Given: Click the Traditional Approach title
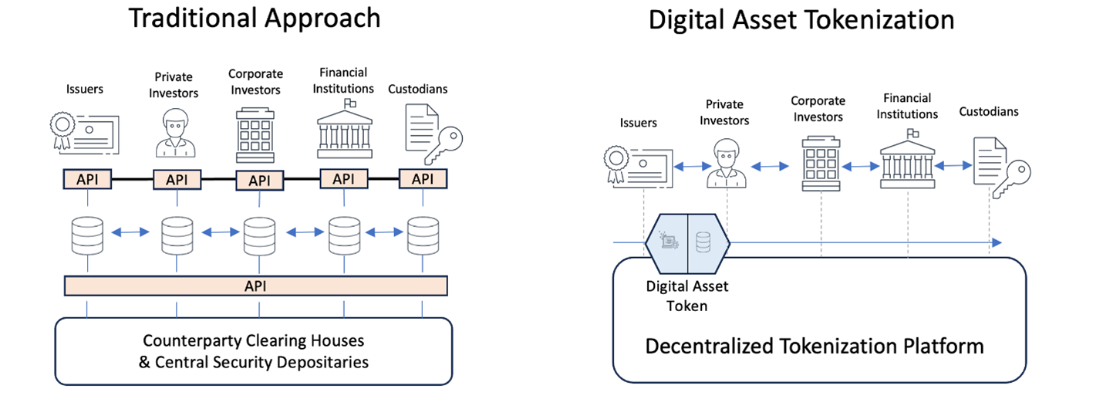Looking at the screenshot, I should pos(254,19).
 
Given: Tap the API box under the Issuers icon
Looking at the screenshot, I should pos(88,180).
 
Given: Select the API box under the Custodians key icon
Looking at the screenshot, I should pos(423,179).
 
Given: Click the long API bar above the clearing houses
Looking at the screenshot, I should pos(255,286).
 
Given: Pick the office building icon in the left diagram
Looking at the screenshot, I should pos(254,132).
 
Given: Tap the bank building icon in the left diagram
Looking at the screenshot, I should pos(346,130).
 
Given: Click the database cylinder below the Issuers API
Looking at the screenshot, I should pos(88,235).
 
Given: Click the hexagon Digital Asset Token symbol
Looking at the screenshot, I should pos(686,242).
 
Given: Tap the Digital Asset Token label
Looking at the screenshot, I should pos(686,296).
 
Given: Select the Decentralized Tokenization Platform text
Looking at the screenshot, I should pos(814,346).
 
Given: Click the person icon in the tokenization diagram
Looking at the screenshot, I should pos(726,163).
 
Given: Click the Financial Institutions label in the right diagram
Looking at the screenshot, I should pos(910,107).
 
